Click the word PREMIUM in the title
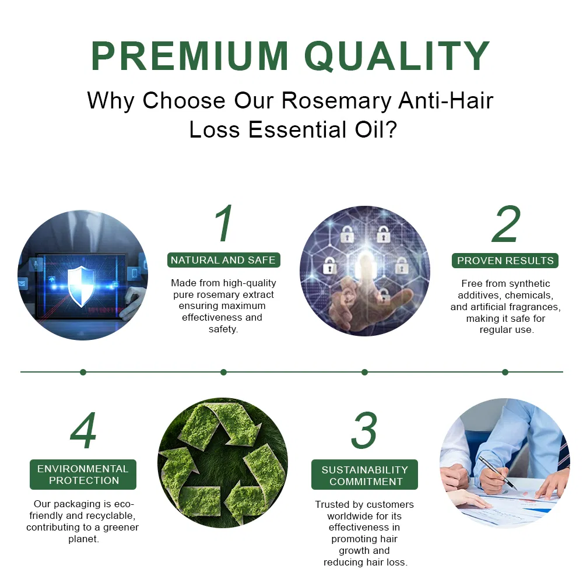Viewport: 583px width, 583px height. click(189, 56)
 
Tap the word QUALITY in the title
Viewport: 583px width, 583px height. click(397, 56)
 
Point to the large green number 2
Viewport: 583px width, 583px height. click(505, 224)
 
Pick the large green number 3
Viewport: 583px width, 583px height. click(364, 432)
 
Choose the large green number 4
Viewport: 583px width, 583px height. click(83, 432)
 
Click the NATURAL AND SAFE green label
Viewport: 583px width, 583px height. click(223, 260)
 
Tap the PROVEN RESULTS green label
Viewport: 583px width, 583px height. click(505, 261)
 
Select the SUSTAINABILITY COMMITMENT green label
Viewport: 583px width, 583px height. click(365, 475)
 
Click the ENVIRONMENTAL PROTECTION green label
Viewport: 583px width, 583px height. click(83, 475)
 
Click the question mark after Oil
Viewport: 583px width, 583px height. click(389, 129)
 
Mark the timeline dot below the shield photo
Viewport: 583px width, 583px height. click(83, 372)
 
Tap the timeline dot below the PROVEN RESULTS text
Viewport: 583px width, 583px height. click(505, 372)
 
